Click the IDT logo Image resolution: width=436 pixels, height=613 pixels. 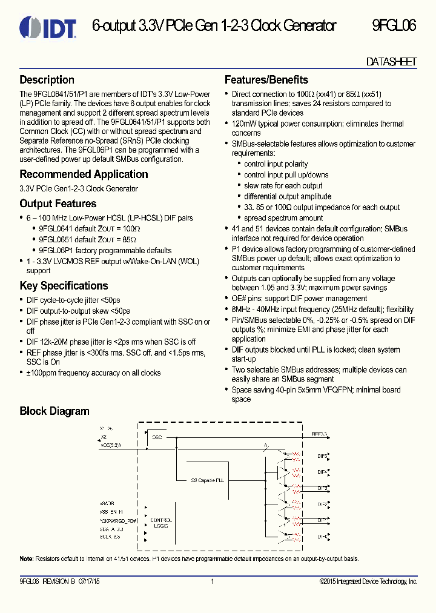[47, 27]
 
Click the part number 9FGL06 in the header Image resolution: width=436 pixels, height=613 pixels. [394, 26]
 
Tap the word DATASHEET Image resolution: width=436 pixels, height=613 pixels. [392, 62]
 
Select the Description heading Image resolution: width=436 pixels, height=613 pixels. [47, 80]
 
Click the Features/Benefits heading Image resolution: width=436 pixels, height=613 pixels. [266, 80]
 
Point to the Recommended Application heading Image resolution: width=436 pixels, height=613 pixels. [84, 174]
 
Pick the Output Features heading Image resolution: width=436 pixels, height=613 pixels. [58, 204]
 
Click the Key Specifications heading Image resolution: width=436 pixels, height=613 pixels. [64, 286]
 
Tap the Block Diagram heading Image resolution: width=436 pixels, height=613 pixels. [54, 411]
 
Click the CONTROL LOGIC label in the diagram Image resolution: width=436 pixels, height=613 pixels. [161, 523]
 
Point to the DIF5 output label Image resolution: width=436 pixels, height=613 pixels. [322, 455]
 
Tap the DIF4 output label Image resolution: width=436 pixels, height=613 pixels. [322, 471]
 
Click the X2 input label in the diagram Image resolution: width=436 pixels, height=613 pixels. [102, 436]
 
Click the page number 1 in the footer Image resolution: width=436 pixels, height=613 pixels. [213, 582]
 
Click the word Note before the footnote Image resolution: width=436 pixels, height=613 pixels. [26, 558]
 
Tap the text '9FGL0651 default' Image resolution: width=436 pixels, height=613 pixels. [66, 239]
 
